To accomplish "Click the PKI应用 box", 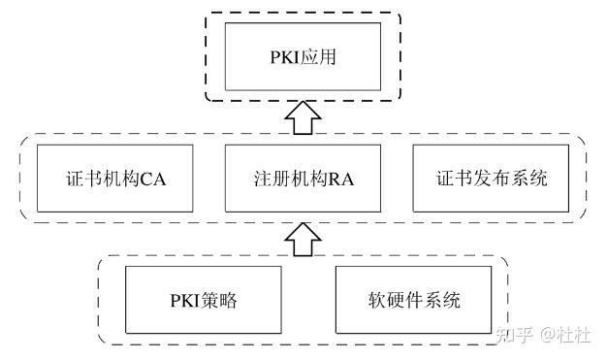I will click(x=304, y=58).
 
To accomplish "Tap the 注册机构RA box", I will click(x=304, y=179).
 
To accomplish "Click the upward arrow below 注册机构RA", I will click(x=304, y=238).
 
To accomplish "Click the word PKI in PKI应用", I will click(x=286, y=59).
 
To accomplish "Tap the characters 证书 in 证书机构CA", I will click(x=73, y=179).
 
